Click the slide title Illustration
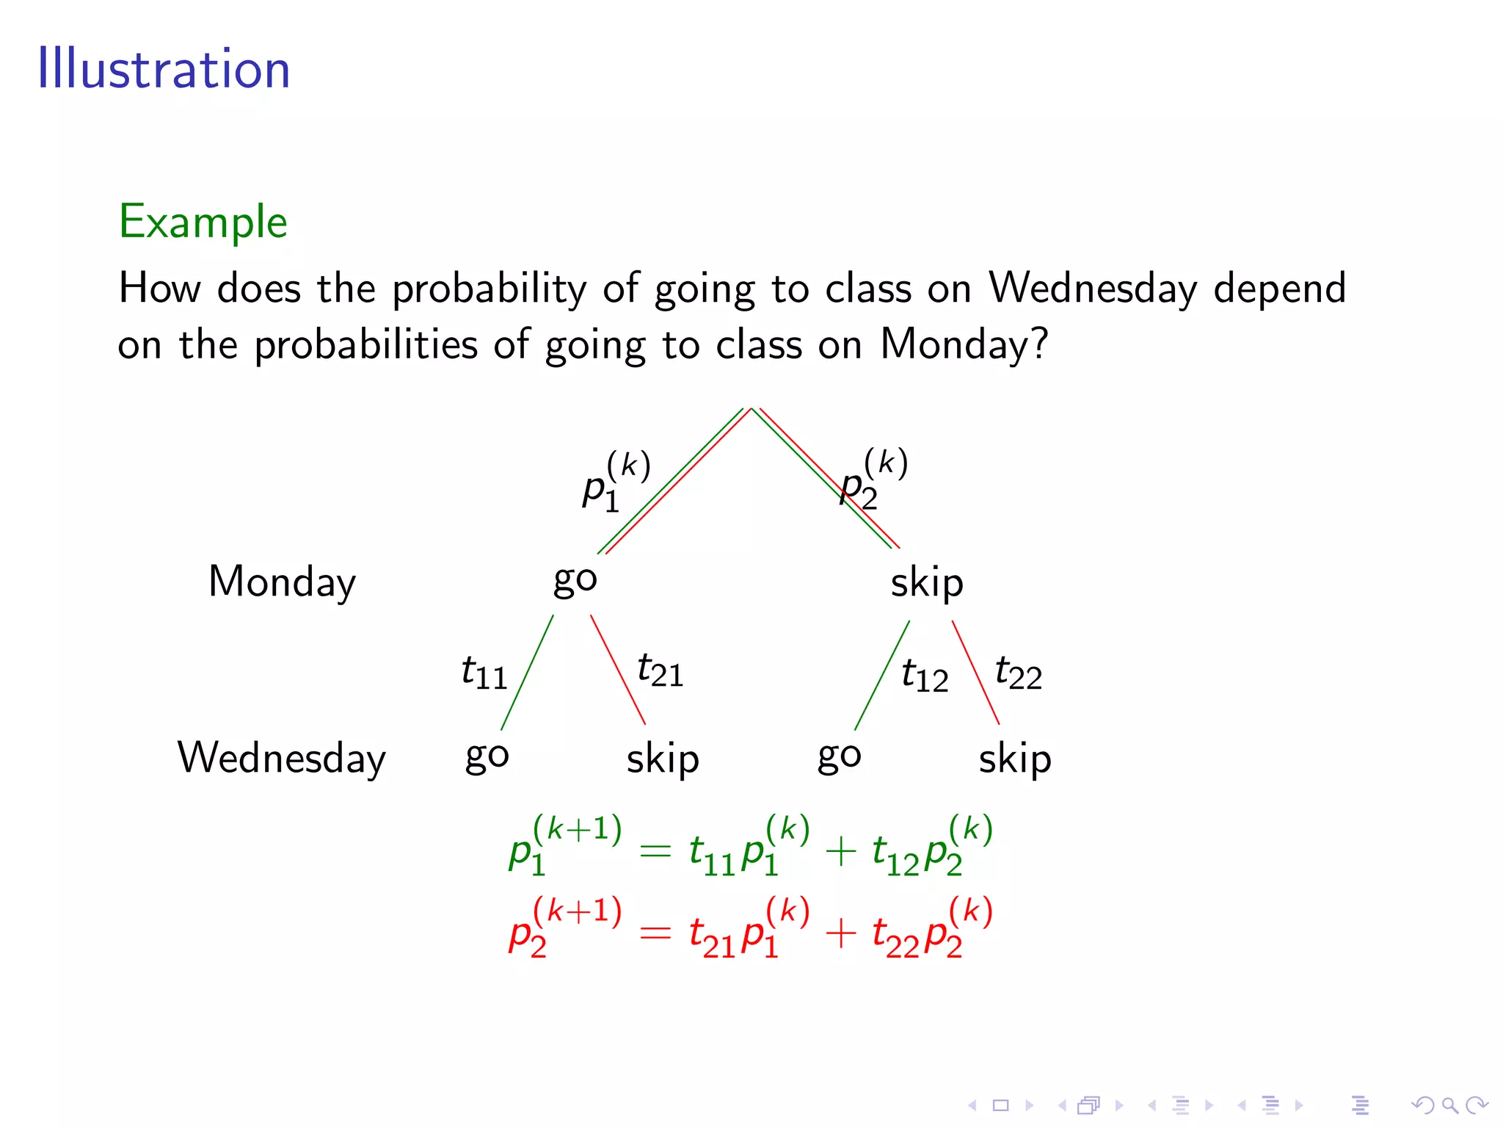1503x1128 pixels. pyautogui.click(x=164, y=69)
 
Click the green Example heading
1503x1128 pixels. pyautogui.click(x=203, y=221)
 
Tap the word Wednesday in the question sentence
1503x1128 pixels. pyautogui.click(x=1093, y=288)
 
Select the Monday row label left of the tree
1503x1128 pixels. pyautogui.click(x=282, y=582)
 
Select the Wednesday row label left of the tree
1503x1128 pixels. pyautogui.click(x=281, y=758)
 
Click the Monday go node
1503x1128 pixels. pyautogui.click(x=575, y=580)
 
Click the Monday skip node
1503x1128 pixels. pyautogui.click(x=926, y=583)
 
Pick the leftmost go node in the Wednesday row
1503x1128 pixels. pyautogui.click(x=487, y=756)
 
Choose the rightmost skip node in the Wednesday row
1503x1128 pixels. pyautogui.click(x=1014, y=759)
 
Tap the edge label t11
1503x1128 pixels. pyautogui.click(x=484, y=673)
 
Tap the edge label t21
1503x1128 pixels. pyautogui.click(x=660, y=670)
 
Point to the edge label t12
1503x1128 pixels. pyautogui.click(x=924, y=675)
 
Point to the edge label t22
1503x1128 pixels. pyautogui.click(x=1018, y=673)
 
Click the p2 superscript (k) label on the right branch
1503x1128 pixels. pyautogui.click(x=873, y=479)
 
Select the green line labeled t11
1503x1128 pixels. pyautogui.click(x=527, y=673)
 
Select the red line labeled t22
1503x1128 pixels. pyautogui.click(x=975, y=673)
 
